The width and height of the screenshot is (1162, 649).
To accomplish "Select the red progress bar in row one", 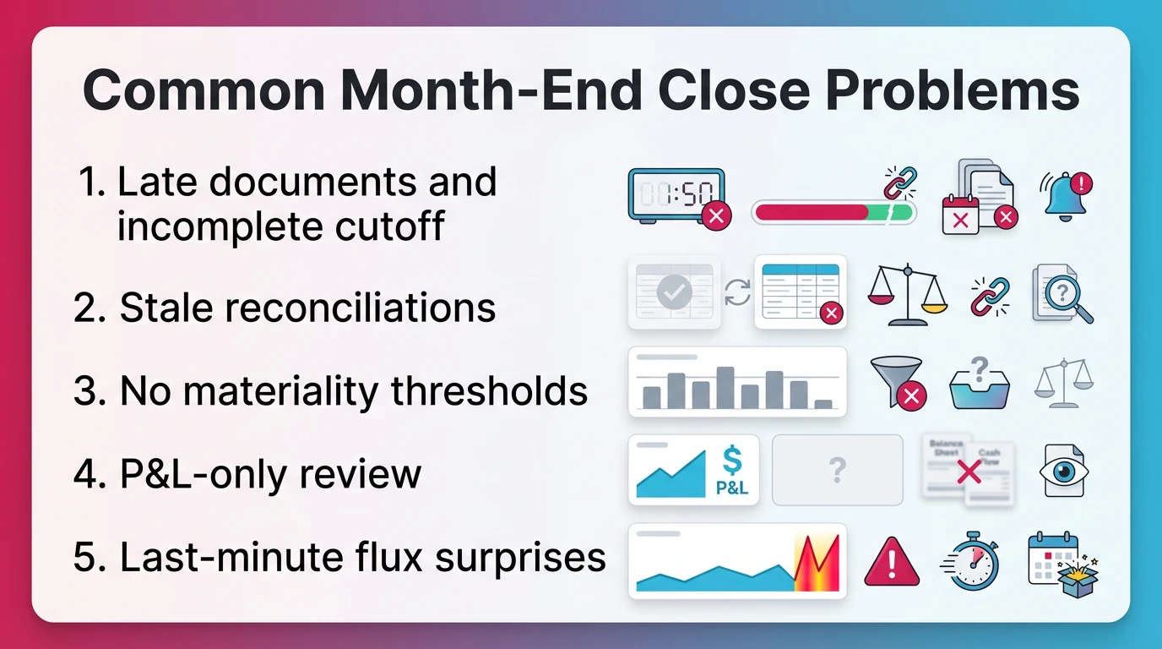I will coord(811,212).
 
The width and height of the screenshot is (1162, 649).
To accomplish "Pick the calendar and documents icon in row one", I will coord(979,196).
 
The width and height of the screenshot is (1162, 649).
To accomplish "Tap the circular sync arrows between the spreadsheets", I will coord(737,292).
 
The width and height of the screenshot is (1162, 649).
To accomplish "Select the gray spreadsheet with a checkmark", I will coord(674,292).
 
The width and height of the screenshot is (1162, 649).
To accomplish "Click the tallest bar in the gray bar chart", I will coord(725,387).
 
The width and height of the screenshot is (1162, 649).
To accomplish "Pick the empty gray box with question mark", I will coord(837,470).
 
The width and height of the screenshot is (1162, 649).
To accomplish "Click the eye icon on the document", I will coord(1063,470).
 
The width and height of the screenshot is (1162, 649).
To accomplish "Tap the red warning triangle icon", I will coord(891,561).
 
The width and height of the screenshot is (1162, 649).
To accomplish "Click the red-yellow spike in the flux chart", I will coord(817,563).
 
